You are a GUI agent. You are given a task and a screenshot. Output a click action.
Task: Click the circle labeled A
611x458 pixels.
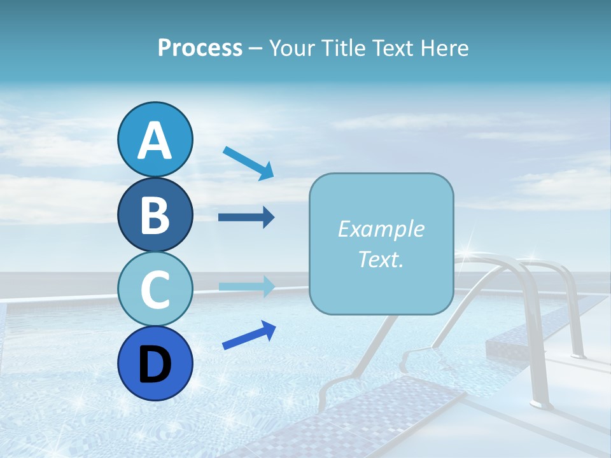coord(155,139)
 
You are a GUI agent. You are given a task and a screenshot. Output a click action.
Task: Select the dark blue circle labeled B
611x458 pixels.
coord(155,214)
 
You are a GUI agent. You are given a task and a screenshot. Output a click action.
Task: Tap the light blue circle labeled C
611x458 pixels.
coord(155,289)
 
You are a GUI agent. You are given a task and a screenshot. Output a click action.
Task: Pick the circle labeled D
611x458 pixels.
coord(155,363)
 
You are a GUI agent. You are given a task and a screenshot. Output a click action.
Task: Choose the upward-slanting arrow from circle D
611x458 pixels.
coord(249,335)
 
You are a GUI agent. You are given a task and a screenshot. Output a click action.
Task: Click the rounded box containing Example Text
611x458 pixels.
coord(381,244)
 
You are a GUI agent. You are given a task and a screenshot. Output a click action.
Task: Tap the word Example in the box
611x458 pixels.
coord(381,229)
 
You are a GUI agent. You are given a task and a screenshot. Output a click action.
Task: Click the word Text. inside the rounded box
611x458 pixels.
coord(381,260)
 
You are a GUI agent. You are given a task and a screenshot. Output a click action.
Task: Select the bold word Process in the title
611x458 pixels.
coord(200,48)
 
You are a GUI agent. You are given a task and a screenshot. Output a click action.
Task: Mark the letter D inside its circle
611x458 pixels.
coord(155,364)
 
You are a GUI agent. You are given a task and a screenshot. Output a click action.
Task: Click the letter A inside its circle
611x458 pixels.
coord(155,140)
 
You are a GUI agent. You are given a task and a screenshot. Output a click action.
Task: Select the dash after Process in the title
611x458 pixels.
coord(256,48)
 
